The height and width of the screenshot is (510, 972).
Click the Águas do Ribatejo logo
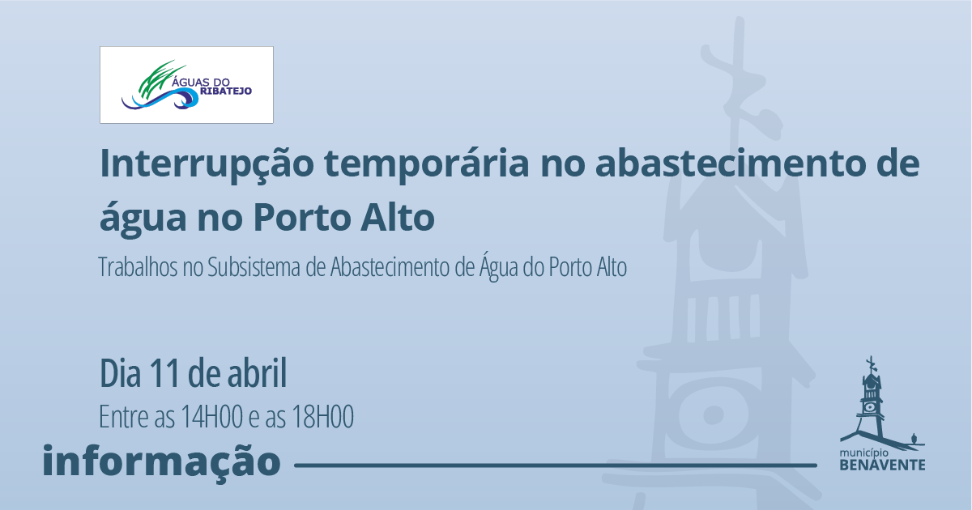(x=186, y=85)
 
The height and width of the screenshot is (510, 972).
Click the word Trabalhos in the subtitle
(x=138, y=267)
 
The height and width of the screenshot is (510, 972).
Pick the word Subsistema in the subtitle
(x=254, y=267)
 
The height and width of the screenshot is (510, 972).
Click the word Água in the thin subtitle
(x=499, y=266)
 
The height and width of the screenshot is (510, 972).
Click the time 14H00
(x=211, y=417)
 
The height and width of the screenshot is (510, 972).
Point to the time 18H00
(x=323, y=417)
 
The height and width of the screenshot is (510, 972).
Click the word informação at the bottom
(x=161, y=461)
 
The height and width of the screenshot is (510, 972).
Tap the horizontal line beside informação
(x=556, y=465)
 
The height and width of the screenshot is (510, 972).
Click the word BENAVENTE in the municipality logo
(x=883, y=465)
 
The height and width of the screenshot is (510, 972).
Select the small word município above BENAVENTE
(x=864, y=453)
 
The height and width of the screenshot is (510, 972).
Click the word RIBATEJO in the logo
(x=226, y=91)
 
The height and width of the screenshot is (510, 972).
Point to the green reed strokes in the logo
(x=160, y=80)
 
